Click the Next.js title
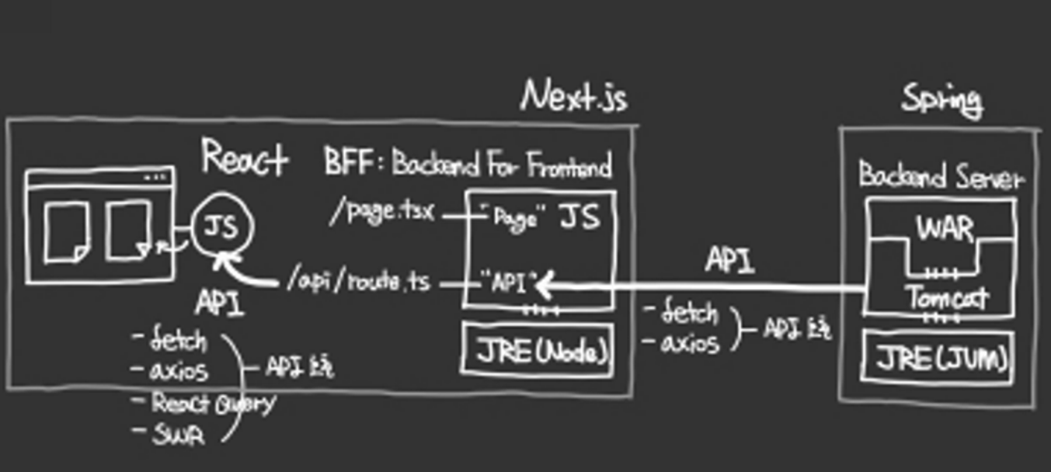(x=574, y=97)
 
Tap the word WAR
(x=944, y=229)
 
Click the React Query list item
(x=212, y=403)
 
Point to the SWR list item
(x=178, y=435)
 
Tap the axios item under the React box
(x=178, y=371)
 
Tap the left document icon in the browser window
(x=66, y=231)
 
